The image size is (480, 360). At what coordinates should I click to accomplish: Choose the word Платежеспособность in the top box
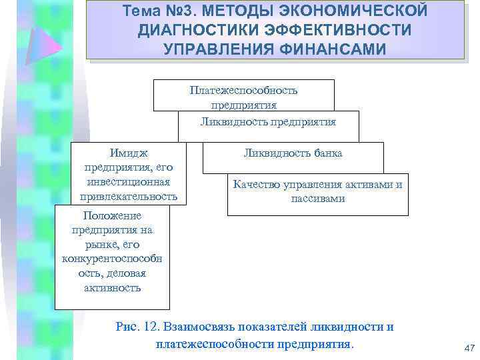click(x=243, y=90)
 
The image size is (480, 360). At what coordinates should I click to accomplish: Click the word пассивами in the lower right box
click(x=317, y=199)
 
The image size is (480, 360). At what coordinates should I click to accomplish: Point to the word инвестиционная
click(x=128, y=182)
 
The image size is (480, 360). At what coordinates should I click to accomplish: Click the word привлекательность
click(x=128, y=196)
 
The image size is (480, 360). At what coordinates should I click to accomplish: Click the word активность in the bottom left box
click(x=112, y=288)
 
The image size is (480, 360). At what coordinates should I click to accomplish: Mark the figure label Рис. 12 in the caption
click(x=137, y=327)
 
